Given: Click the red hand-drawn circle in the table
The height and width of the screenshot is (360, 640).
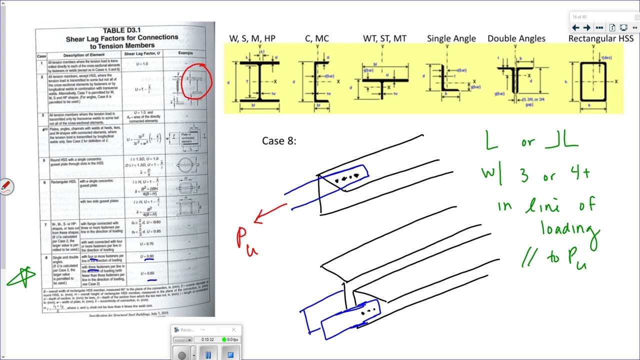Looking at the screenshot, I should point(196,80).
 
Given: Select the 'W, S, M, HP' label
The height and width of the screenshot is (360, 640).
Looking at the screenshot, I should point(252,38).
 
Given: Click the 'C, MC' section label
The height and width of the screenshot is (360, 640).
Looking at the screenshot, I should point(316,38).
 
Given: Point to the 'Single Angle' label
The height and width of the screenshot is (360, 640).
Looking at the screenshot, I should point(451,38).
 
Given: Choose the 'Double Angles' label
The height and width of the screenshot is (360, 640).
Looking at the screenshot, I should point(516,38).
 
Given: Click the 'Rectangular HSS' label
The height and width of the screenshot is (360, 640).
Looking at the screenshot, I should point(600,38).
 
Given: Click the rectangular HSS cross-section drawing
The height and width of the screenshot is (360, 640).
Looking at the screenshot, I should point(593,81).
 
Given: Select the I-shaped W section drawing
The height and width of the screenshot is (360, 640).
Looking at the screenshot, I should point(259,81).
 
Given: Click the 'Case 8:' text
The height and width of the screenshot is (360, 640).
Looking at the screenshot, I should point(279,141).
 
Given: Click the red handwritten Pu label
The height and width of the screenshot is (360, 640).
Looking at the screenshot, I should point(246,240).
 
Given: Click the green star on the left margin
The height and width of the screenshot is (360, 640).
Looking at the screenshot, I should point(22,276).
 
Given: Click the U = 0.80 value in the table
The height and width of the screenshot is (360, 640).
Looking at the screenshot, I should point(148,256).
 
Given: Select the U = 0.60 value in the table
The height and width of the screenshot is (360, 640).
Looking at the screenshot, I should point(148,273).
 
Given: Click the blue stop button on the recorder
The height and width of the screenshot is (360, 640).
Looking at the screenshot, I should point(230,355).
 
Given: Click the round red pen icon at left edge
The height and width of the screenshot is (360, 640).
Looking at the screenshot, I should point(6,186).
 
